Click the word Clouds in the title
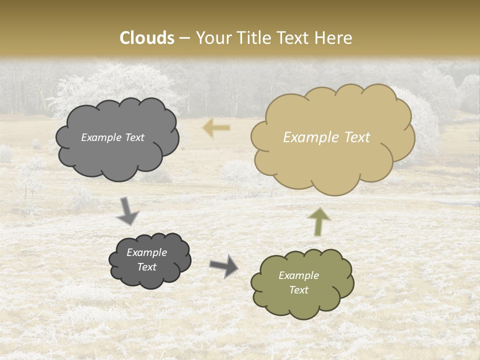147,38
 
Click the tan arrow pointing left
216,128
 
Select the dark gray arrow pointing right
224,265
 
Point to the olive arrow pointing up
319,221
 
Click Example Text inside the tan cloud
326,137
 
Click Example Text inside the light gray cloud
112,137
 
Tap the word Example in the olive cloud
298,275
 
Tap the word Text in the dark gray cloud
147,267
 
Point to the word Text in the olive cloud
298,290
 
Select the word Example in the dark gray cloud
147,252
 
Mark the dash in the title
184,38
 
